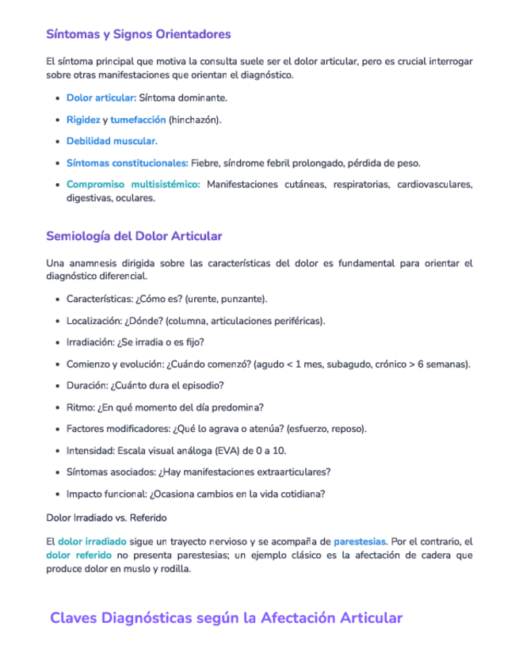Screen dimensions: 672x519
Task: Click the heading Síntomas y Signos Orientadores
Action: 139,34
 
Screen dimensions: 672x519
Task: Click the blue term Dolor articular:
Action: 101,97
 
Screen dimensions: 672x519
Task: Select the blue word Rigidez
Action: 83,120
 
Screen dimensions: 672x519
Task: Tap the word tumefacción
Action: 138,120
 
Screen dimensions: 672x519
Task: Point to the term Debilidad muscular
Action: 111,141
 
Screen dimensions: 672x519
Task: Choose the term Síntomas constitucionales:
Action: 127,163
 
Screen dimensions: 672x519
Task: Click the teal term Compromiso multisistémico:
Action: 133,185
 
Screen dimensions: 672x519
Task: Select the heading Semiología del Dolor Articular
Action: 135,236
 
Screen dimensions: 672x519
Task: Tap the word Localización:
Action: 94,321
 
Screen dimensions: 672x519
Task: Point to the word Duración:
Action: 89,386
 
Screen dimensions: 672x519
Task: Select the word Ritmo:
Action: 81,407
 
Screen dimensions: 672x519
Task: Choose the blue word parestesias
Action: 360,541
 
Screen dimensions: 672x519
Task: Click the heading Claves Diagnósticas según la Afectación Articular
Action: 226,618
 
